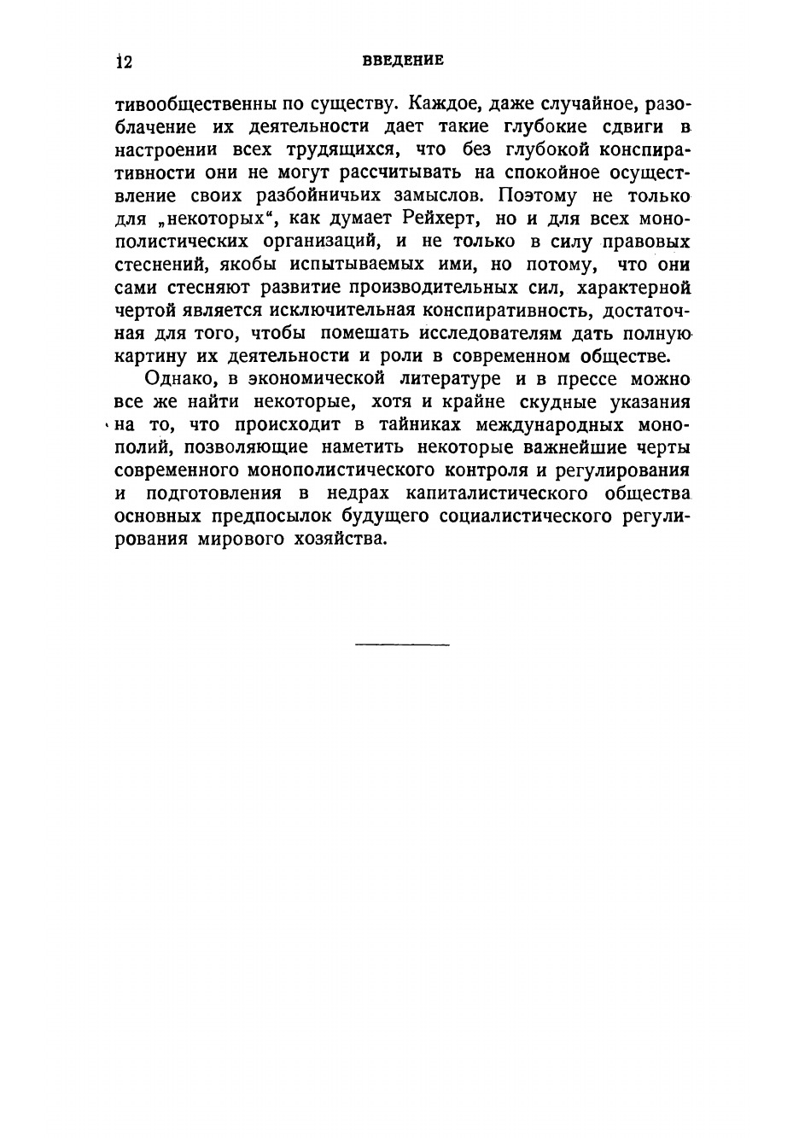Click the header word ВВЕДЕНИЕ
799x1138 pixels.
pos(402,61)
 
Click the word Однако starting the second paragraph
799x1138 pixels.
pos(178,378)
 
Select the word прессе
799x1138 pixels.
pos(586,378)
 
